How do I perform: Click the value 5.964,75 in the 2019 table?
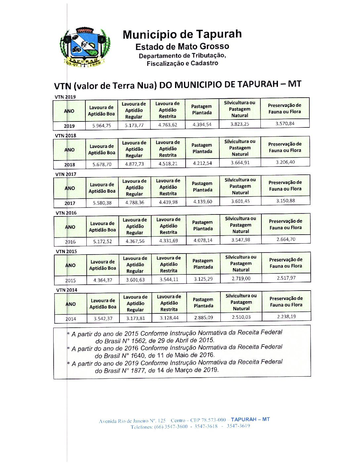(102, 126)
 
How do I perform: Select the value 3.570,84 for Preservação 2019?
(285, 123)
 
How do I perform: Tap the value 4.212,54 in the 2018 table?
(202, 163)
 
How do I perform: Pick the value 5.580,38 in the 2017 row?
(102, 203)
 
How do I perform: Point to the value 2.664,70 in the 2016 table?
(286, 239)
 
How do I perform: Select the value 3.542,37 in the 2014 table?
(103, 319)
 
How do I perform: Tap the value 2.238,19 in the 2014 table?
(286, 317)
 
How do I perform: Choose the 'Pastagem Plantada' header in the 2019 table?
(202, 110)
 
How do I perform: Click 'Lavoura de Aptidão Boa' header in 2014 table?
(103, 303)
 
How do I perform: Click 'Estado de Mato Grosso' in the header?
(182, 46)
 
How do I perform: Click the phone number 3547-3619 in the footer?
(238, 426)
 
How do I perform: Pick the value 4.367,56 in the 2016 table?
(135, 241)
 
